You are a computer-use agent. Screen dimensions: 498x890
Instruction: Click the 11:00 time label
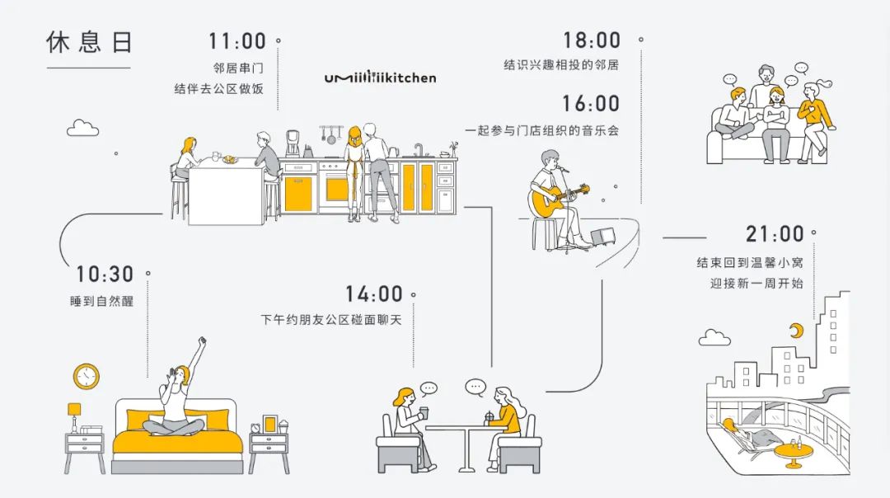237,40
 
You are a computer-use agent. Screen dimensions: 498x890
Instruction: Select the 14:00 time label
373,294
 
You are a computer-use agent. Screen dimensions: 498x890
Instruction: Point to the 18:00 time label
591,40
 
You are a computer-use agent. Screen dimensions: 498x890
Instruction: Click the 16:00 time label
591,104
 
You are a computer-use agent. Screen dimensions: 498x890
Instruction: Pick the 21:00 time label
775,234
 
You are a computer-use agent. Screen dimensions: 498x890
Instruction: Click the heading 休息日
88,43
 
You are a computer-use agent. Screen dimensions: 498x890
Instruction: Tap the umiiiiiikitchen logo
380,78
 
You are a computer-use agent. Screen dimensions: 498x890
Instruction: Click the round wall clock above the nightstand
86,377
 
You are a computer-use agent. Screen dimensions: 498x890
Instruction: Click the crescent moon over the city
796,331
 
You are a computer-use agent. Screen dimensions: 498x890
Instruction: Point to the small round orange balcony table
794,453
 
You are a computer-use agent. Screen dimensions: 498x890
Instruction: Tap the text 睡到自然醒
101,302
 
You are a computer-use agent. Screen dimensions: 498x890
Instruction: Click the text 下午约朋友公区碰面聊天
331,319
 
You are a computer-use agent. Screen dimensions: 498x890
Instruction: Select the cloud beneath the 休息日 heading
82,128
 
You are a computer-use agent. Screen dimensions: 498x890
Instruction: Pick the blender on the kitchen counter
292,143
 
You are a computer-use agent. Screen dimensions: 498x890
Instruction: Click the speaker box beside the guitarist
602,236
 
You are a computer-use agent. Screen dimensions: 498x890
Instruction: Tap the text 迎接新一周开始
756,283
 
